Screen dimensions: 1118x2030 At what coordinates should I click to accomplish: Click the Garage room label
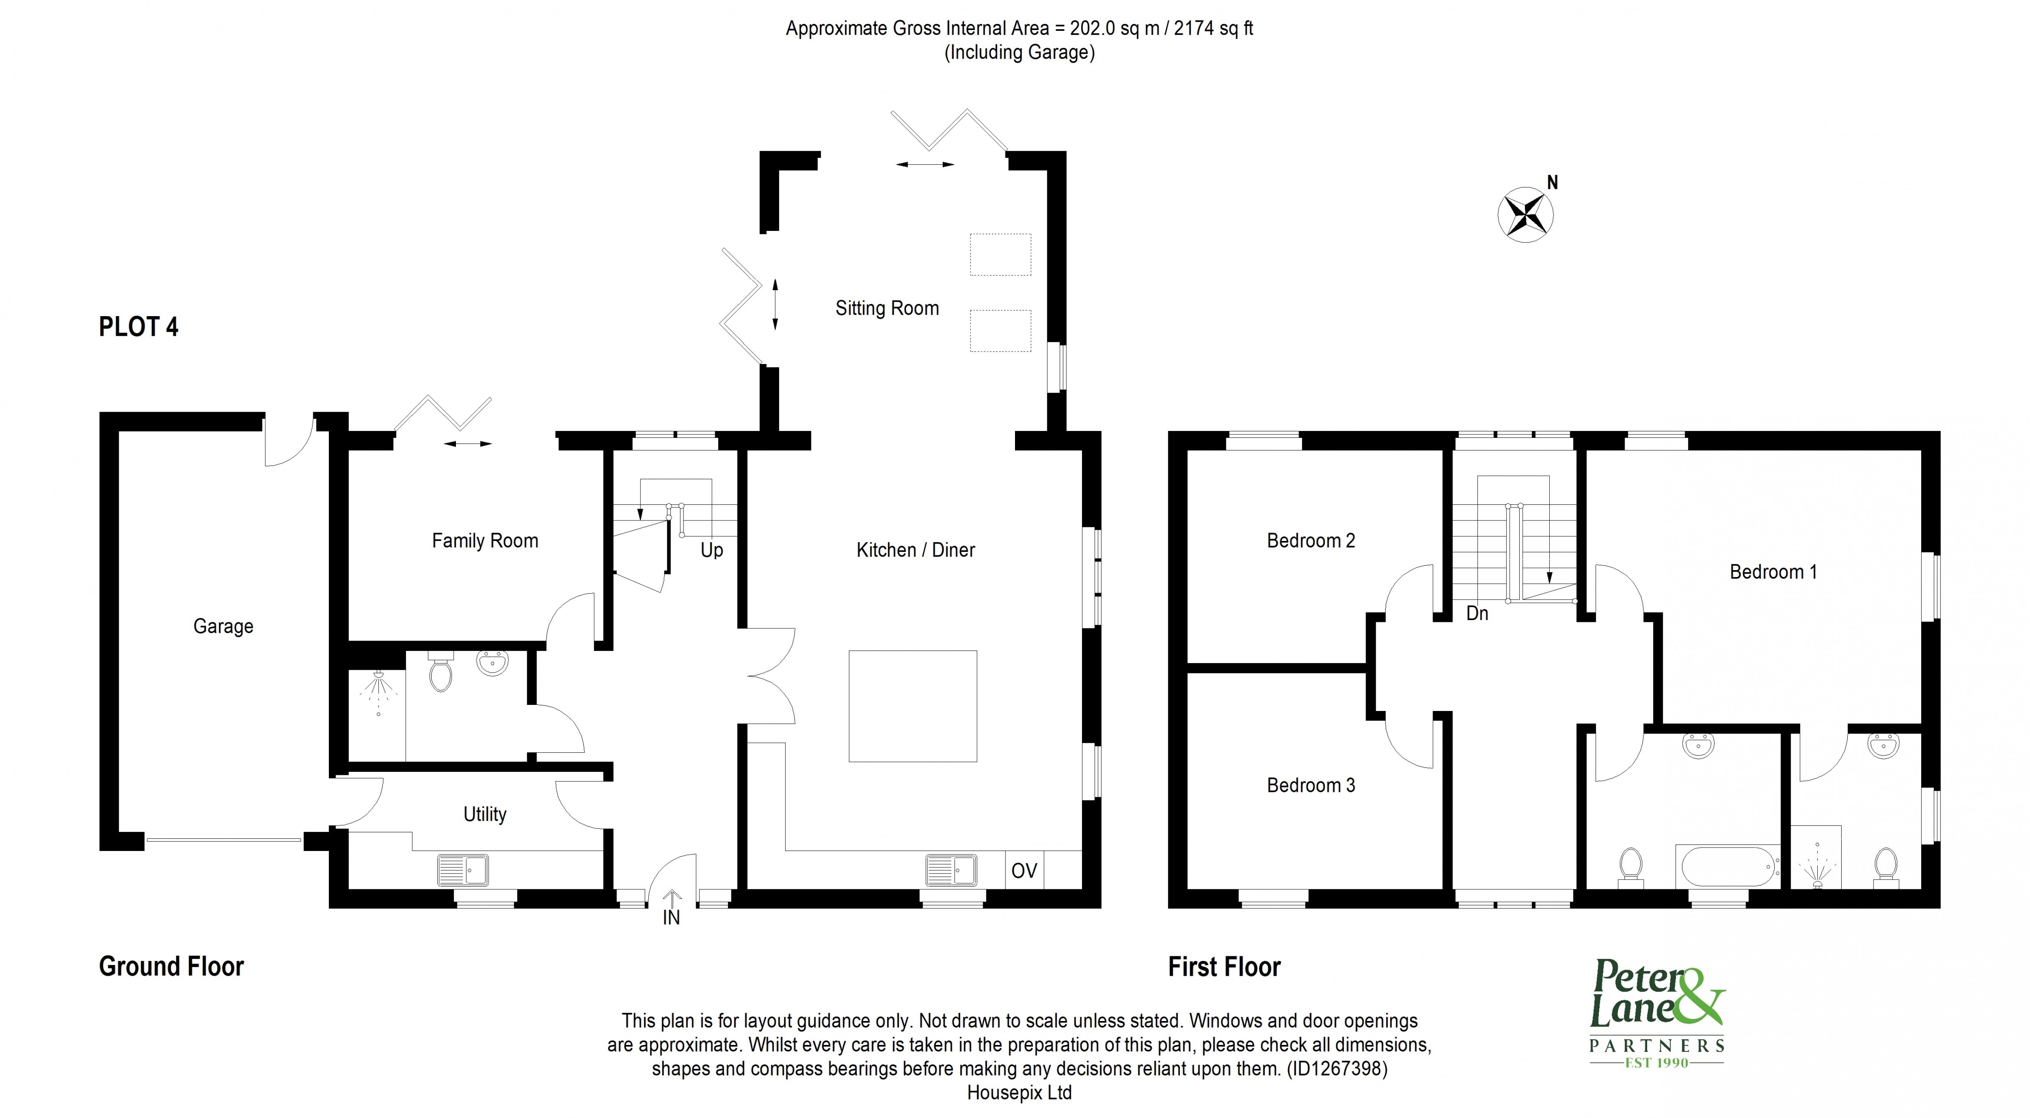[x=223, y=626]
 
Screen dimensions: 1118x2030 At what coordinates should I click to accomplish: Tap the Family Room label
[x=485, y=541]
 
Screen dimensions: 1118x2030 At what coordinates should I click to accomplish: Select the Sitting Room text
[x=887, y=308]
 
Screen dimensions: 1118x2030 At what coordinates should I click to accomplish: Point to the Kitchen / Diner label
[x=915, y=550]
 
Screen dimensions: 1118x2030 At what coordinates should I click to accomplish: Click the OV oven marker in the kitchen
[x=1024, y=871]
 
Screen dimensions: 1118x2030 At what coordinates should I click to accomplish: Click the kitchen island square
[x=913, y=706]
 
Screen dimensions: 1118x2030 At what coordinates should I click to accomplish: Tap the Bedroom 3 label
[x=1310, y=785]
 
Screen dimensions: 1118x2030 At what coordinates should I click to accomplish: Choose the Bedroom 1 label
[x=1773, y=572]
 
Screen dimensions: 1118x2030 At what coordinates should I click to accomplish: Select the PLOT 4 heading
[x=139, y=327]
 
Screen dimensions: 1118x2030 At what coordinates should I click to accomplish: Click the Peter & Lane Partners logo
[x=1656, y=1024]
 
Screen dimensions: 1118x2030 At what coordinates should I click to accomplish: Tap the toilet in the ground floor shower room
[x=441, y=672]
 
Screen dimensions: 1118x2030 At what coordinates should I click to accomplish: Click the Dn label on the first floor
[x=1477, y=613]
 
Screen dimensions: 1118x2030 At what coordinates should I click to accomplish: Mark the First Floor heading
[x=1224, y=967]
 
